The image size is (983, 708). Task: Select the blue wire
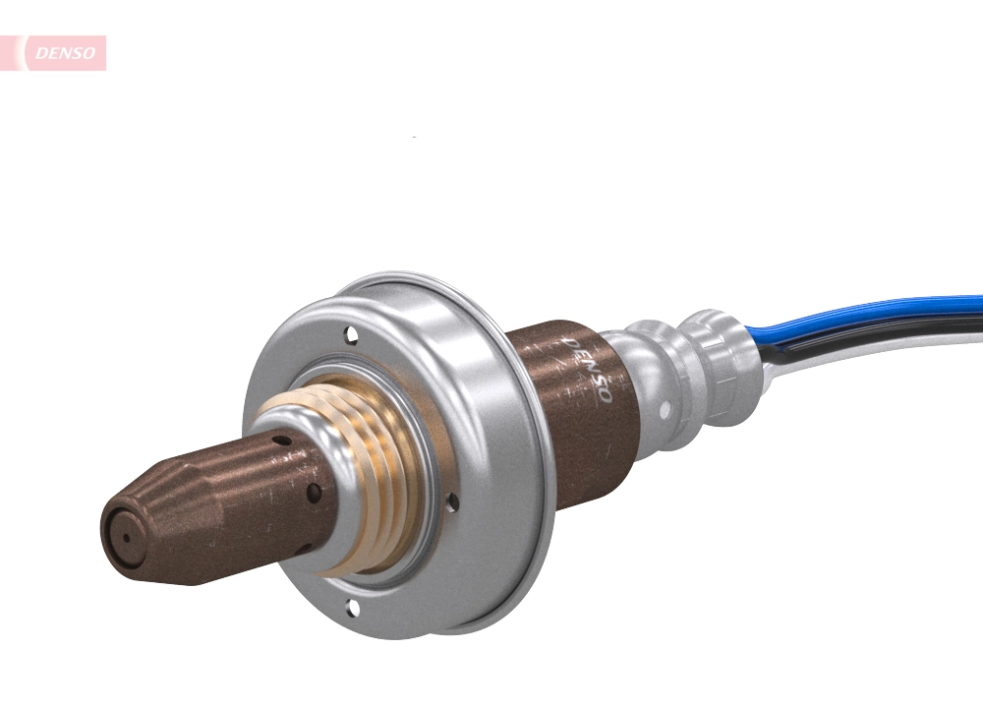[865, 314]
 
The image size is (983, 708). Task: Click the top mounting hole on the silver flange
[351, 335]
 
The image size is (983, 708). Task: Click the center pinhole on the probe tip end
[125, 539]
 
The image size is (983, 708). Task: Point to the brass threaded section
[369, 472]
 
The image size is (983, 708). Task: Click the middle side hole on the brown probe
[313, 490]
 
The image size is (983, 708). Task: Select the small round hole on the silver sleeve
[665, 405]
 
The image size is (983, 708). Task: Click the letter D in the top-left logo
[41, 54]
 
